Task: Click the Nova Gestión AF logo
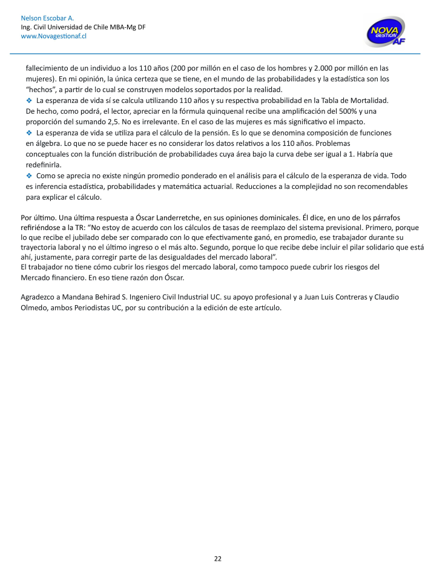[x=385, y=32]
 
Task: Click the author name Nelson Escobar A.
[x=47, y=18]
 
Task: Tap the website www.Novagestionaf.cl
[x=53, y=36]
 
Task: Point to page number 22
[x=217, y=558]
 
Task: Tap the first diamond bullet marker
[x=29, y=100]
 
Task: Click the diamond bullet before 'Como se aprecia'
[x=29, y=176]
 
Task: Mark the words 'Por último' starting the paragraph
[x=38, y=217]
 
